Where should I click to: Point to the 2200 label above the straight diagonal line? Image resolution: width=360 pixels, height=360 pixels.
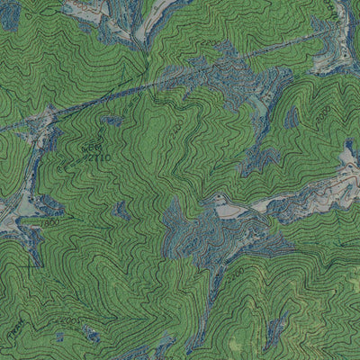(209, 42)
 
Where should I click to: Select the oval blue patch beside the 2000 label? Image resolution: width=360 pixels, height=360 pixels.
(292, 117)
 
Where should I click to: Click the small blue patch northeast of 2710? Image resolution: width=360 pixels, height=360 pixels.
(112, 120)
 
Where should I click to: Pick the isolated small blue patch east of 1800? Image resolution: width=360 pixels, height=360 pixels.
(120, 211)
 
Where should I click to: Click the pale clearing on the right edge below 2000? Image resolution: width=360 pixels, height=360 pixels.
(348, 160)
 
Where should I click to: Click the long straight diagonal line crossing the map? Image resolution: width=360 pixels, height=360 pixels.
(162, 84)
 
